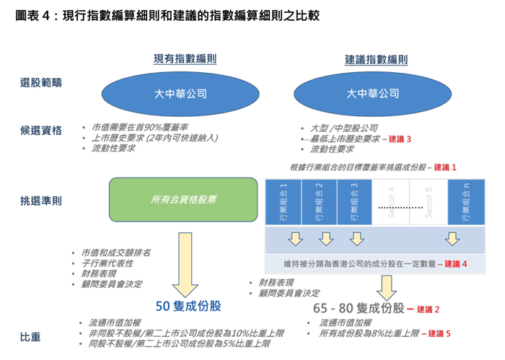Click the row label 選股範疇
(x=40, y=83)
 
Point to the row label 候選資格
(x=40, y=131)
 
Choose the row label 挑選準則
(x=40, y=200)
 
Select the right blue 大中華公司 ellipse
(x=372, y=94)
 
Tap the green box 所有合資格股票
(x=183, y=199)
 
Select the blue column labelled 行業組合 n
(x=463, y=201)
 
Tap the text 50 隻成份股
(x=189, y=306)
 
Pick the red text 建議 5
(x=439, y=334)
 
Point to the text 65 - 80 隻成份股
(x=359, y=308)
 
